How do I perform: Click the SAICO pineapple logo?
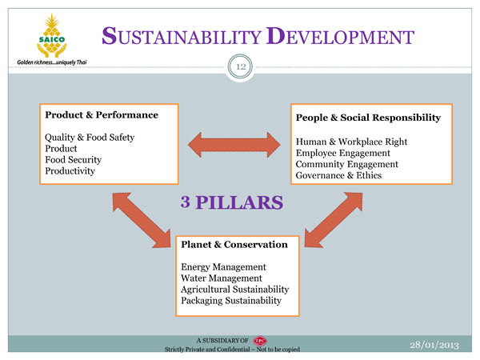pyautogui.click(x=52, y=35)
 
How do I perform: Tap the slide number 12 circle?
pyautogui.click(x=240, y=66)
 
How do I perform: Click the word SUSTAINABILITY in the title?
pyautogui.click(x=182, y=36)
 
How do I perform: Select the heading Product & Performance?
pyautogui.click(x=102, y=114)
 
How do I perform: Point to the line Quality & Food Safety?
pyautogui.click(x=90, y=137)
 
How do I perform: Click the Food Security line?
pyautogui.click(x=73, y=159)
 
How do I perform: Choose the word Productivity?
pyautogui.click(x=70, y=171)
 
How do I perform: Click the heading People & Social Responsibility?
pyautogui.click(x=368, y=118)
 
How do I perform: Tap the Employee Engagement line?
pyautogui.click(x=343, y=153)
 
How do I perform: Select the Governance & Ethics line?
pyautogui.click(x=338, y=175)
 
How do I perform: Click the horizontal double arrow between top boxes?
pyautogui.click(x=234, y=145)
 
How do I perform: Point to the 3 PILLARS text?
pyautogui.click(x=232, y=202)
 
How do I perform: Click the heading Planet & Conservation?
pyautogui.click(x=234, y=244)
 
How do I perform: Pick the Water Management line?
pyautogui.click(x=222, y=278)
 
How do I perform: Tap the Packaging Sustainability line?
pyautogui.click(x=231, y=300)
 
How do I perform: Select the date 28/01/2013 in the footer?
pyautogui.click(x=434, y=345)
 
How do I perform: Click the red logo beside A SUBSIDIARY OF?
pyautogui.click(x=260, y=341)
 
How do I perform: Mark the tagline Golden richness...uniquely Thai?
pyautogui.click(x=52, y=62)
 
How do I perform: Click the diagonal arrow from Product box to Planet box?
pyautogui.click(x=142, y=220)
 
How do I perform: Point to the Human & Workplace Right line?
pyautogui.click(x=351, y=142)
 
